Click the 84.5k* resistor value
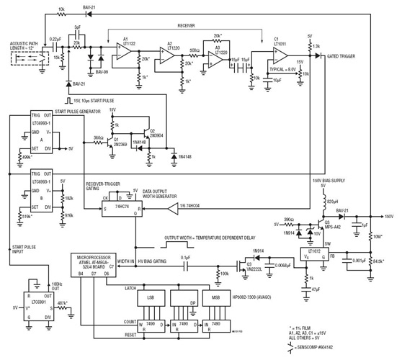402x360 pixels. tap(380, 262)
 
